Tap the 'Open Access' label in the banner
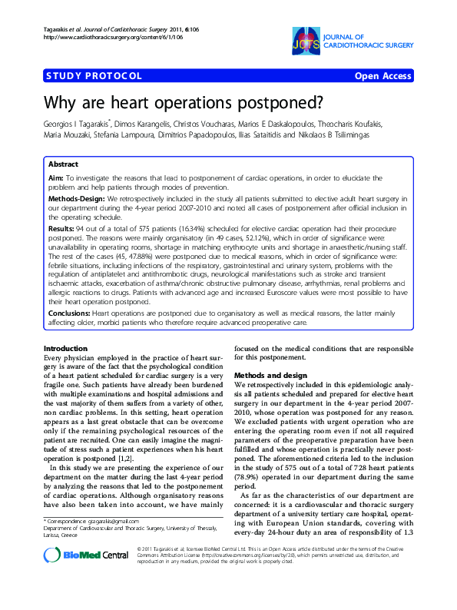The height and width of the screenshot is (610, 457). (382, 76)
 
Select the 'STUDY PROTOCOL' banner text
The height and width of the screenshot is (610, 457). (94, 76)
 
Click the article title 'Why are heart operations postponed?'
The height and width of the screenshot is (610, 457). (172, 103)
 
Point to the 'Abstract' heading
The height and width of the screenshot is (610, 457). (63, 164)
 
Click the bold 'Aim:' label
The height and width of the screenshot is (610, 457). (56, 177)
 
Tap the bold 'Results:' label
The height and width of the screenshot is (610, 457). (65, 229)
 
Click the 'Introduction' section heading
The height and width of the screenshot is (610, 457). (67, 349)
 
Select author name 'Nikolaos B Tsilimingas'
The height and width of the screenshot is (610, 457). (346, 134)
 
